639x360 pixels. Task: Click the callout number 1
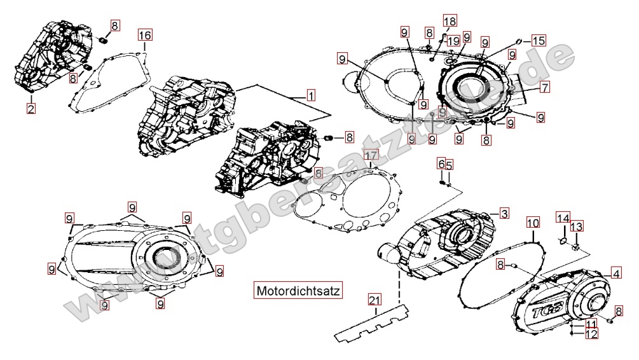pyautogui.click(x=310, y=96)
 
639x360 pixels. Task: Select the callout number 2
pyautogui.click(x=31, y=108)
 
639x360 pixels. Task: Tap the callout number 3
pyautogui.click(x=503, y=212)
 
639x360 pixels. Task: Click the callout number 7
pyautogui.click(x=545, y=87)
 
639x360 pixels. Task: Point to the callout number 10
pyautogui.click(x=533, y=223)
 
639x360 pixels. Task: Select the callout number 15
pyautogui.click(x=539, y=41)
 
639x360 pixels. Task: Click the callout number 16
pyautogui.click(x=145, y=35)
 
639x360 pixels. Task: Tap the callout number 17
pyautogui.click(x=371, y=155)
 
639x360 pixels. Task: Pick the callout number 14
pyautogui.click(x=563, y=218)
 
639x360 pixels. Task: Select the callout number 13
pyautogui.click(x=576, y=227)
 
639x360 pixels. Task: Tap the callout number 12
pyautogui.click(x=591, y=333)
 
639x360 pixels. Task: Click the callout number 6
pyautogui.click(x=441, y=164)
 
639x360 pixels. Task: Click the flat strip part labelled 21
pyautogui.click(x=372, y=324)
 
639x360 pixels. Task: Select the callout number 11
pyautogui.click(x=591, y=324)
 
